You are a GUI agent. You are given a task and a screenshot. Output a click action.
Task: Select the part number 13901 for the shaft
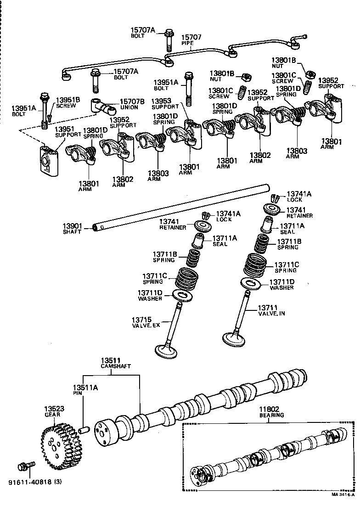coord(72,226)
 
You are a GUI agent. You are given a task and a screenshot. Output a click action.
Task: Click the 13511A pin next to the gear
coord(83,431)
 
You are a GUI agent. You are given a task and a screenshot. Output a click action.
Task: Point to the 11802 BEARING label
coord(272,411)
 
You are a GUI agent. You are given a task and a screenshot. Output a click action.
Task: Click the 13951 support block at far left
coord(47,161)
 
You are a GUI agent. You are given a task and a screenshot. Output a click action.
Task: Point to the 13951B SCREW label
coord(68,102)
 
